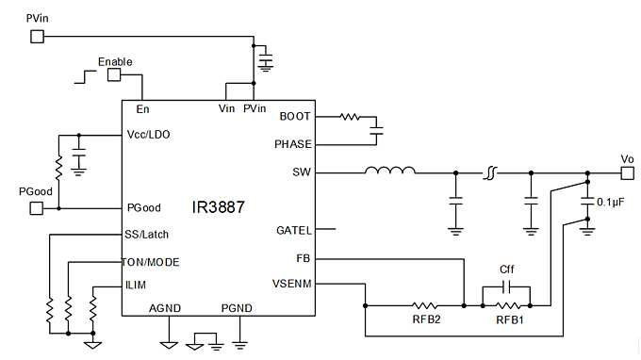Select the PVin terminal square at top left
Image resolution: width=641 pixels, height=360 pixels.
click(x=38, y=37)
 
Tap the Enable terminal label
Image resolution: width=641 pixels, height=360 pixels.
click(x=115, y=61)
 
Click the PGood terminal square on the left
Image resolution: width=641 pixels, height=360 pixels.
click(x=38, y=207)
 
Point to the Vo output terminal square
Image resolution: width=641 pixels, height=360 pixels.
click(x=627, y=172)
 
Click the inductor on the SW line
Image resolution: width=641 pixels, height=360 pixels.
click(x=390, y=172)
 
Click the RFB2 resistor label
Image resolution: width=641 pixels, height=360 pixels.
click(x=424, y=320)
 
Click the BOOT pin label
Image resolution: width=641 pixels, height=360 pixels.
click(x=296, y=117)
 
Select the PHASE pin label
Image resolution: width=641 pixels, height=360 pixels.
click(x=293, y=144)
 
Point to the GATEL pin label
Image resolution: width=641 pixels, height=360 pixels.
click(x=293, y=229)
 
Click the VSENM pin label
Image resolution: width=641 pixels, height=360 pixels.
click(x=290, y=283)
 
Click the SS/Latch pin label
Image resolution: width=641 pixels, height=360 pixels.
click(x=147, y=234)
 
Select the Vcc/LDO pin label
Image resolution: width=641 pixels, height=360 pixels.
click(x=148, y=134)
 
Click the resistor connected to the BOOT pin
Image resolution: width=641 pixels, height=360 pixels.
click(x=350, y=117)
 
